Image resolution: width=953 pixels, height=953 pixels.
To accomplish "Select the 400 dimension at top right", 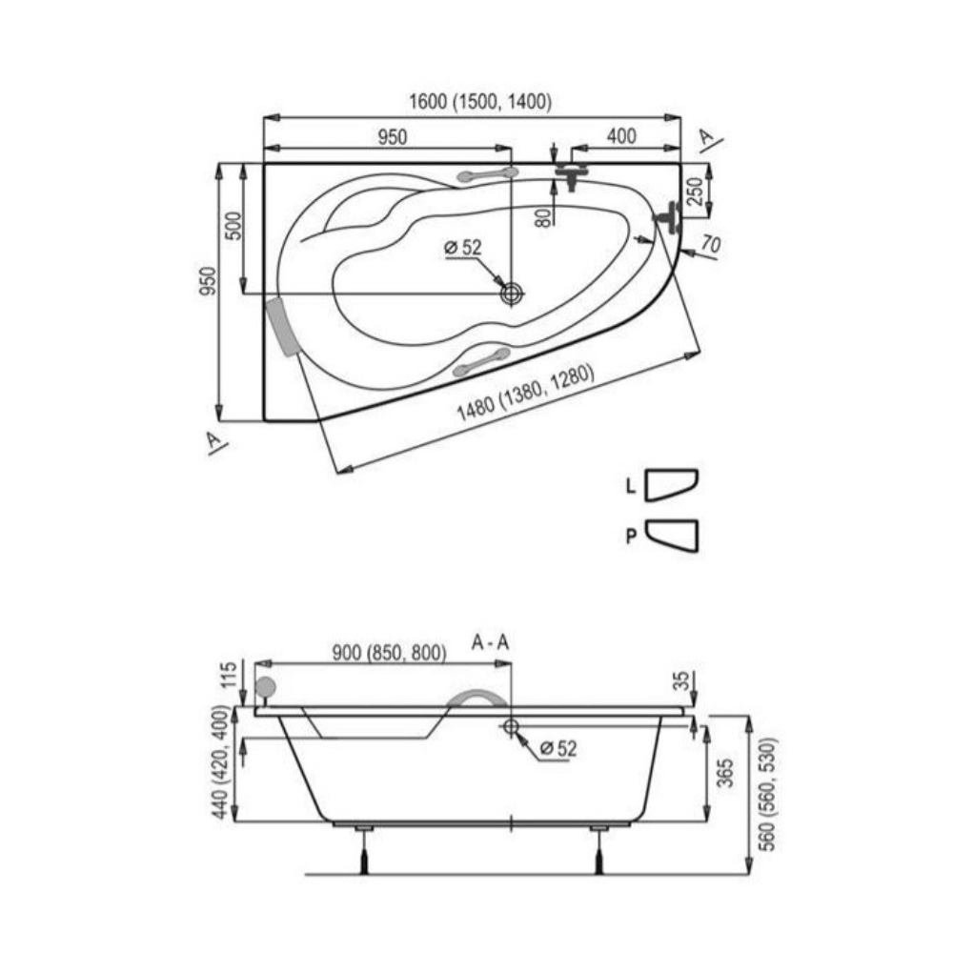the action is [621, 136].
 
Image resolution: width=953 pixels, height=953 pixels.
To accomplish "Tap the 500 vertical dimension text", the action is [233, 226].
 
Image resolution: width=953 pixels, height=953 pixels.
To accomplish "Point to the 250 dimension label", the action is [697, 191].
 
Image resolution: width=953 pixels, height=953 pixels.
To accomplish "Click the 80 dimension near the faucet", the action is [544, 217].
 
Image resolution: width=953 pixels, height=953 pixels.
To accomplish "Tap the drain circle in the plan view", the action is [512, 294].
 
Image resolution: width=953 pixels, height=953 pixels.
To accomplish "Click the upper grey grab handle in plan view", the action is [487, 175].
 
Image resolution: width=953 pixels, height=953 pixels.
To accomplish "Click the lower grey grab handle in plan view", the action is [482, 361].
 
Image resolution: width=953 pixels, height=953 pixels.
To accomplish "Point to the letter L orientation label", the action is [631, 486].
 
